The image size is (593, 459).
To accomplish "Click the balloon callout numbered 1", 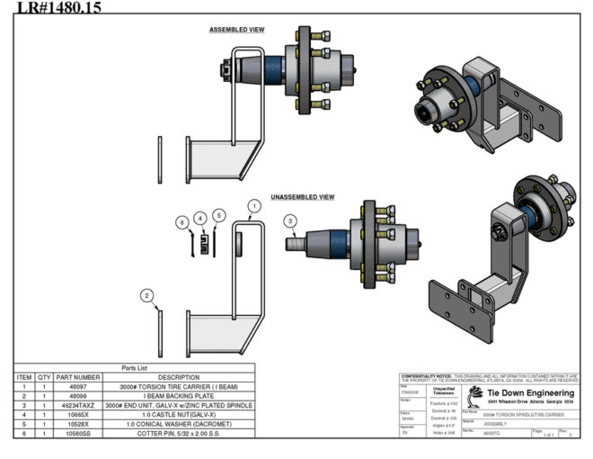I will point(254,205).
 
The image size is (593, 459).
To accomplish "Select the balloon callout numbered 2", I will point(147,295).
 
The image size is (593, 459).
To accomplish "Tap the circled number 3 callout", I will point(290,220).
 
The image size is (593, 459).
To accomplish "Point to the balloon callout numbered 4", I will point(199,217).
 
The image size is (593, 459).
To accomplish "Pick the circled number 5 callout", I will point(219,217).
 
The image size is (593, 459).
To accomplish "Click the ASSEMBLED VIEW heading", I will point(236,30).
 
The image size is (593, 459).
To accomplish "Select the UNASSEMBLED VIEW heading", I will point(303,196).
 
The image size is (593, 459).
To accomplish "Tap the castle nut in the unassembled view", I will point(205,244).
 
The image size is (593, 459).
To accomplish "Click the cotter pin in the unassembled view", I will point(191,244).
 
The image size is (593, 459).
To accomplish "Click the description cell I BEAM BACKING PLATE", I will point(179,396).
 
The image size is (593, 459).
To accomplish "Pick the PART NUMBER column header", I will point(78,377).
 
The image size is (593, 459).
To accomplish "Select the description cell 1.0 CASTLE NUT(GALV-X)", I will point(179,415).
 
